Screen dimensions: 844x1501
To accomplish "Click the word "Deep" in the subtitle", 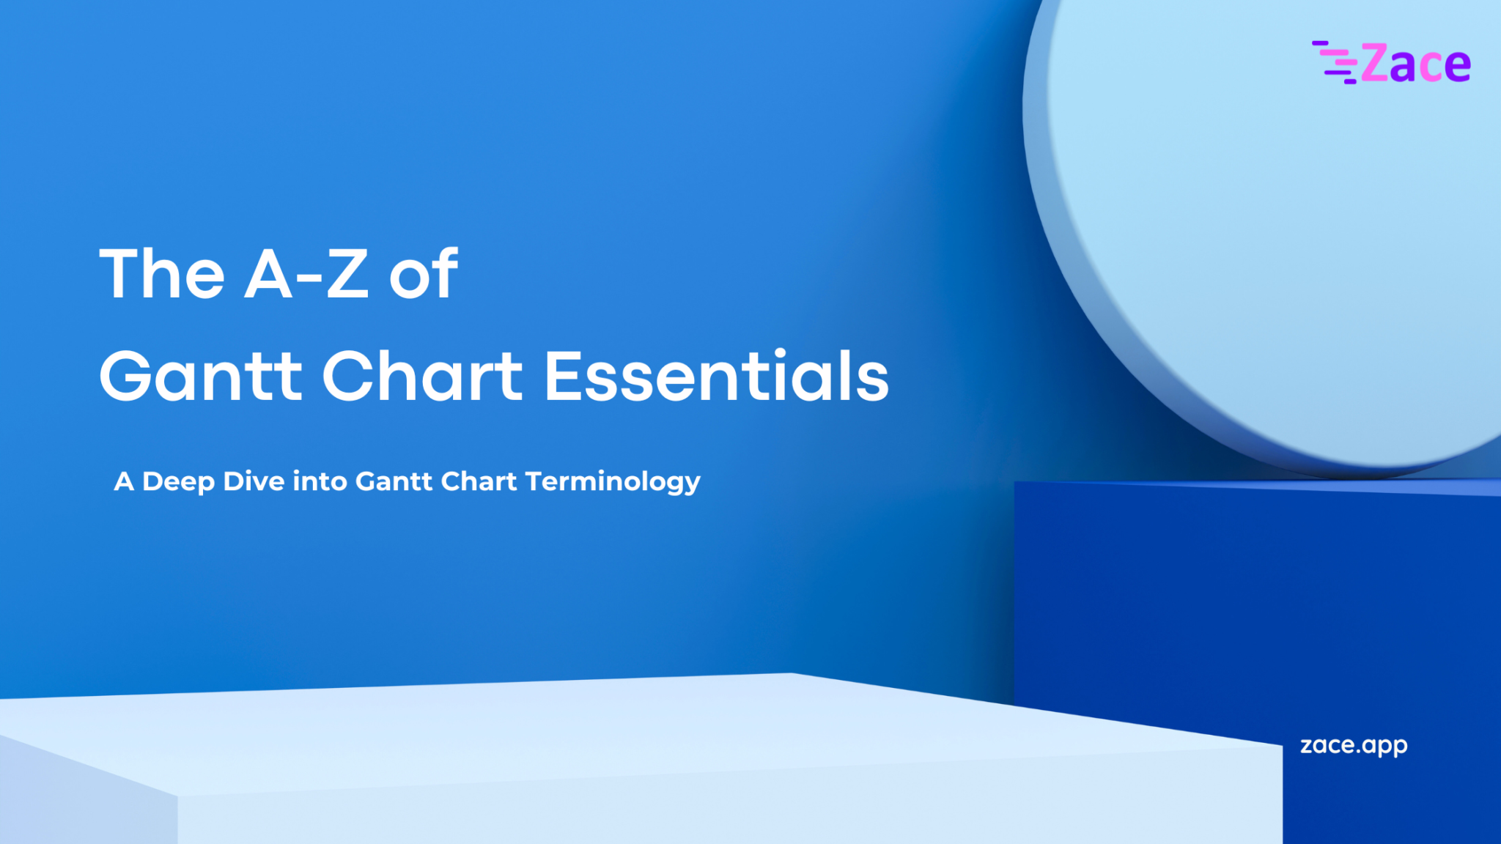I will click(178, 481).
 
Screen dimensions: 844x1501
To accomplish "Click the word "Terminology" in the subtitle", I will click(613, 482).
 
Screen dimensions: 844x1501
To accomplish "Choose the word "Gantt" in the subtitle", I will click(394, 481).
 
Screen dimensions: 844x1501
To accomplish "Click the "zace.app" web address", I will click(1353, 746).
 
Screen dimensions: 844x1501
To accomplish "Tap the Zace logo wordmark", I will click(1415, 64).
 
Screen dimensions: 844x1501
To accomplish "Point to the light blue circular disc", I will click(1275, 220).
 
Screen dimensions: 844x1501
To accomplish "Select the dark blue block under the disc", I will click(1246, 601).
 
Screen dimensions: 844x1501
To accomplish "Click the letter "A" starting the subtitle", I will click(124, 481).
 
